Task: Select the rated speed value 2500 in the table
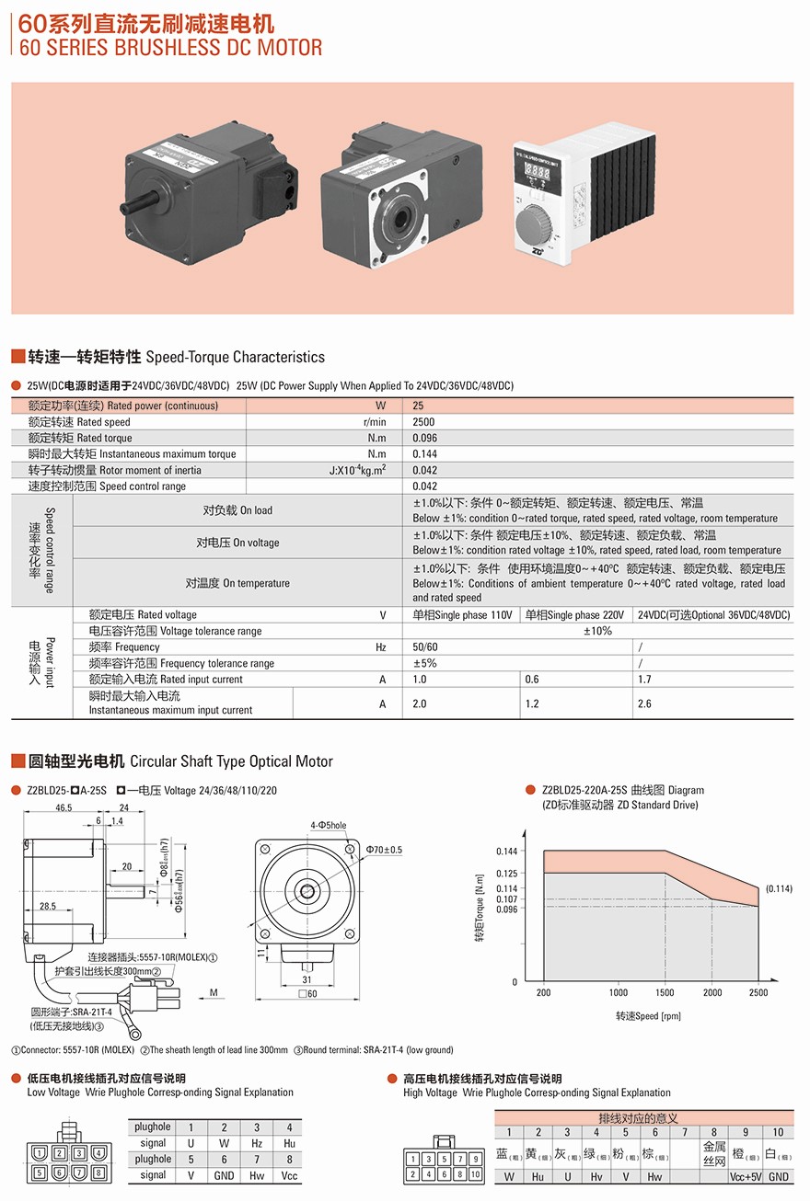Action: point(424,422)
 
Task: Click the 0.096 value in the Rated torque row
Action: point(425,439)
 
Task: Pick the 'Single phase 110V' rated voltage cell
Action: point(462,615)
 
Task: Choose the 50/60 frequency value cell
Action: point(425,647)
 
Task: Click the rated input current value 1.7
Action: point(644,680)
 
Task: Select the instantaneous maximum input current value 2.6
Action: point(644,703)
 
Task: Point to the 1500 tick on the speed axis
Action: point(665,993)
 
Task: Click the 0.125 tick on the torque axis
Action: point(507,874)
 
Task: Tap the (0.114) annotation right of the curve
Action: point(778,888)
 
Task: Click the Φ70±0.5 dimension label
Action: point(384,849)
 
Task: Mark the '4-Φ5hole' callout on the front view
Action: point(329,826)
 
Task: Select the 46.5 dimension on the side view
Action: point(64,808)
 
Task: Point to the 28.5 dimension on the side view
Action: point(49,907)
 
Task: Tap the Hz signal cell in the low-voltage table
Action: point(257,1143)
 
